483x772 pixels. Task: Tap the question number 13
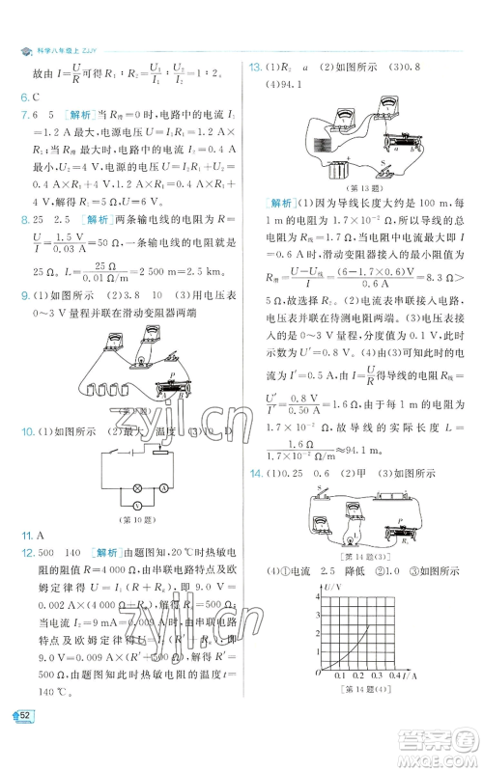click(257, 67)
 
